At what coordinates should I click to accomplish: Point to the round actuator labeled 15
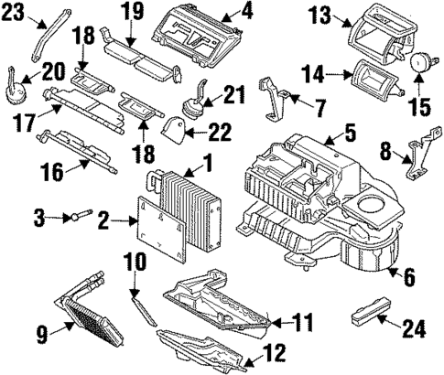click(423, 63)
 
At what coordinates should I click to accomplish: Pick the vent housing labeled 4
click(200, 29)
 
